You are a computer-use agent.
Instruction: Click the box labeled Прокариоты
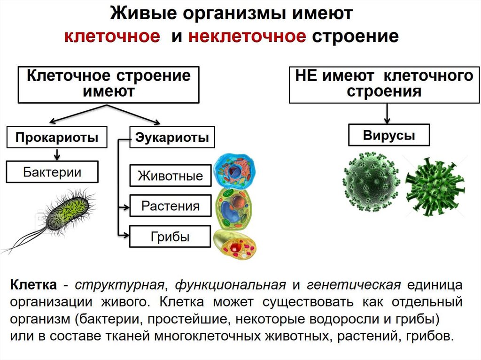(56, 138)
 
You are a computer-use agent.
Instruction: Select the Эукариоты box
(171, 138)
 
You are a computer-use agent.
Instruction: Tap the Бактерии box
(52, 172)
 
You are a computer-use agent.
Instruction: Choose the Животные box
(170, 176)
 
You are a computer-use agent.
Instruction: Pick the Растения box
(170, 206)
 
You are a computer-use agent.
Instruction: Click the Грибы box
(170, 236)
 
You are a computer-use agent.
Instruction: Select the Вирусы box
(389, 135)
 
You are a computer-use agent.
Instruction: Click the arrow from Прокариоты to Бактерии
(57, 154)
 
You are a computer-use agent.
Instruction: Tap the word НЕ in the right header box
(306, 76)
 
